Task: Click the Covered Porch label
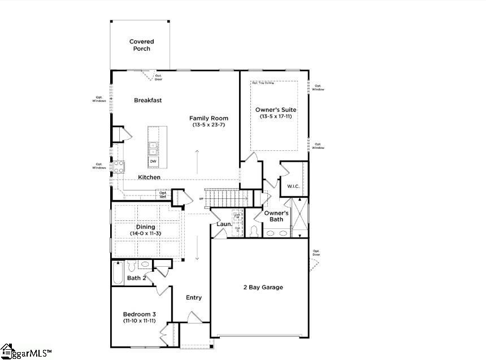141,45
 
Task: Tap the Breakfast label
148,101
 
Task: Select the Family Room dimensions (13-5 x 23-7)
209,124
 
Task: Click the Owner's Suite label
275,110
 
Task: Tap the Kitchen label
149,177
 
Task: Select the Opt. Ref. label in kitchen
163,194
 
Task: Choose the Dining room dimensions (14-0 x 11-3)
145,233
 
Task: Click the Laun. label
224,224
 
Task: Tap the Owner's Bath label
276,216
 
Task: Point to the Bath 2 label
137,278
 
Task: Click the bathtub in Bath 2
118,272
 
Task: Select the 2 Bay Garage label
263,287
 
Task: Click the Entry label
194,298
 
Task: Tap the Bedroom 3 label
140,314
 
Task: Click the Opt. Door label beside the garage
316,253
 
